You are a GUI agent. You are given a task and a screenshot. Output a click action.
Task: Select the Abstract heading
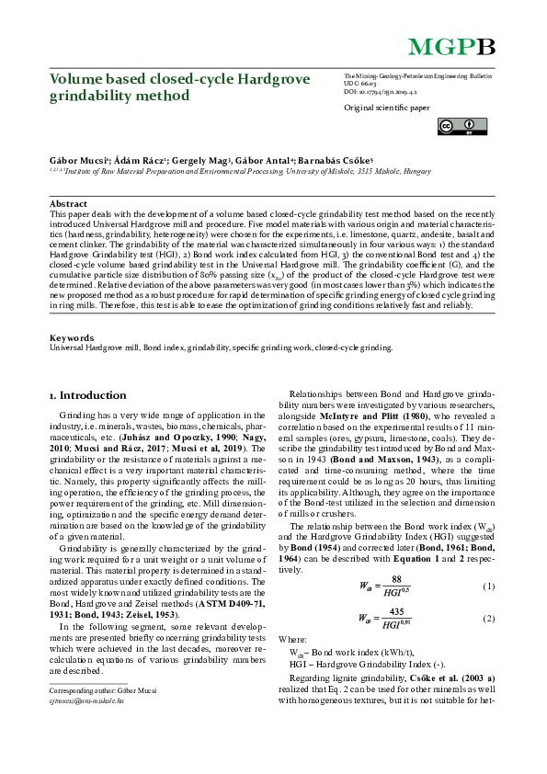(68, 203)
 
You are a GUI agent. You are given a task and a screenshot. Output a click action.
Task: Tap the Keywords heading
(71, 313)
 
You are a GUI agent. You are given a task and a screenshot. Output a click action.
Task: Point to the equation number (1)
(489, 586)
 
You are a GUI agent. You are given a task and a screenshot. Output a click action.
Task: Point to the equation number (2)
(489, 619)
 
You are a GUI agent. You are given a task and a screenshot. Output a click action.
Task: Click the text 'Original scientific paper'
(385, 108)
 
